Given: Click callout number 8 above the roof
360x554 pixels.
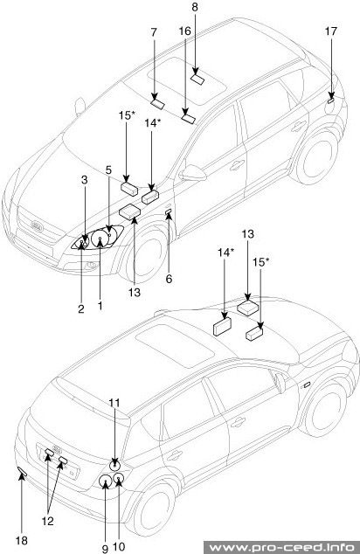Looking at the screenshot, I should [195, 8].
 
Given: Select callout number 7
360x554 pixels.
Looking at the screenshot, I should [154, 33].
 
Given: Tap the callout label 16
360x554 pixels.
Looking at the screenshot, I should [185, 32].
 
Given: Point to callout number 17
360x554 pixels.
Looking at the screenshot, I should [331, 33].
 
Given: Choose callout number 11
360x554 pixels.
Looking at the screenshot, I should [114, 402].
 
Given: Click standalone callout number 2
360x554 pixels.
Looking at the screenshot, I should [80, 308].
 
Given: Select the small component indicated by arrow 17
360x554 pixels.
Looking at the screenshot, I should [330, 99].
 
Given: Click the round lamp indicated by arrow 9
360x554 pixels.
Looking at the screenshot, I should [105, 480].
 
